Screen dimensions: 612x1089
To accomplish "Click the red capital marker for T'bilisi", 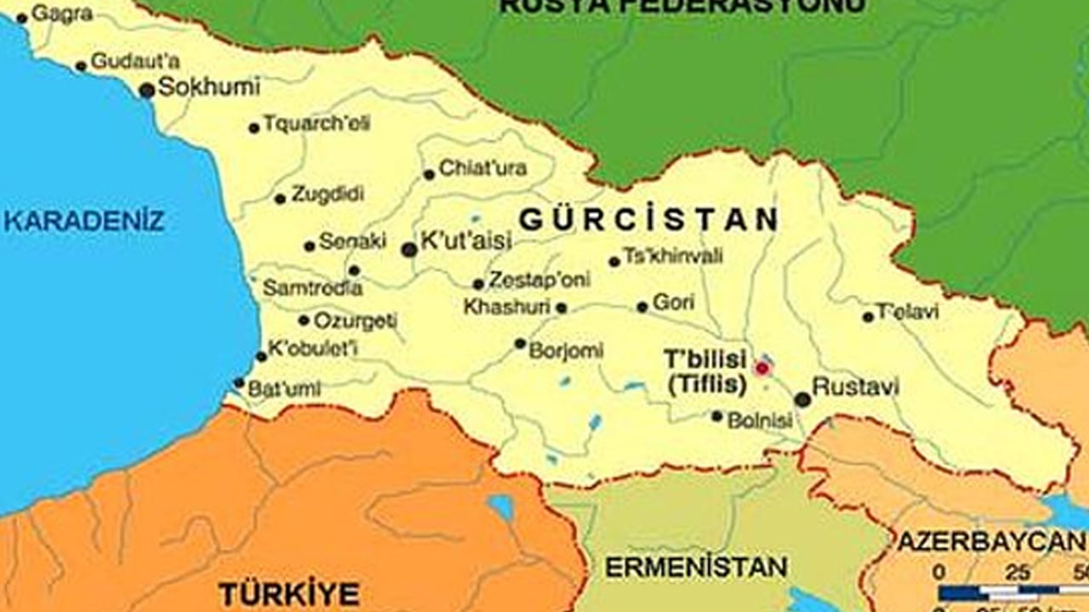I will [762, 368].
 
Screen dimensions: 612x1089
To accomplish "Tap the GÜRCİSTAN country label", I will [648, 219].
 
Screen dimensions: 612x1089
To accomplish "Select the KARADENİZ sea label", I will [83, 222].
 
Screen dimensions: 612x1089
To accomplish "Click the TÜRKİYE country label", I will [288, 592].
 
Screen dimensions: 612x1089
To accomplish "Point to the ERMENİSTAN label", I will [696, 567].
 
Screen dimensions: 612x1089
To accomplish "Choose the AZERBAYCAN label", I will [992, 541].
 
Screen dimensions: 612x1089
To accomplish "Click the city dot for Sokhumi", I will [147, 90].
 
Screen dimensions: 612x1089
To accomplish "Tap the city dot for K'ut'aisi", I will [409, 249].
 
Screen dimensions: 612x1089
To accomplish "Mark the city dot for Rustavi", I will [802, 399].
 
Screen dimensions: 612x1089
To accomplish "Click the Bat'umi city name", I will [284, 389].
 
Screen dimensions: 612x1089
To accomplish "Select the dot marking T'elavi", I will [868, 317].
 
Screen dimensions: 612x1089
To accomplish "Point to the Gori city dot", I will [642, 307].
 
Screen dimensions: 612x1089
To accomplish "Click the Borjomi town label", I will [566, 349].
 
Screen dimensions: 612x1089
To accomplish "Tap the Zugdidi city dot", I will [280, 199].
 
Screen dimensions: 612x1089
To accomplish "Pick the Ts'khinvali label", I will [673, 256].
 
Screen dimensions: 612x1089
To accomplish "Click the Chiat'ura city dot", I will [429, 175].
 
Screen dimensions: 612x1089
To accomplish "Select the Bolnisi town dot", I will [717, 416].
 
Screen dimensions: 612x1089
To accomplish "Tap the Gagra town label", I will [62, 14].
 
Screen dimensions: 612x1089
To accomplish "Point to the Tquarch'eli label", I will [316, 123].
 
